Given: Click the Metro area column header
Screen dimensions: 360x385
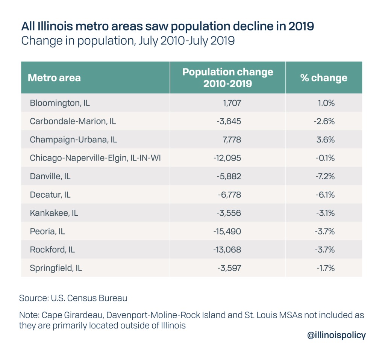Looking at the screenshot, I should point(54,78).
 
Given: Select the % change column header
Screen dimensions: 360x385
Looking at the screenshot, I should point(323,78).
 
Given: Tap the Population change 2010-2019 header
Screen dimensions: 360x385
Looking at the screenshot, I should point(227,77).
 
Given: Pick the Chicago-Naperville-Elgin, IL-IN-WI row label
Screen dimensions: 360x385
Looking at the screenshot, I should point(95,158).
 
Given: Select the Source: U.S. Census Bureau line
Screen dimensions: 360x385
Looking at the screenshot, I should point(73,298).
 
